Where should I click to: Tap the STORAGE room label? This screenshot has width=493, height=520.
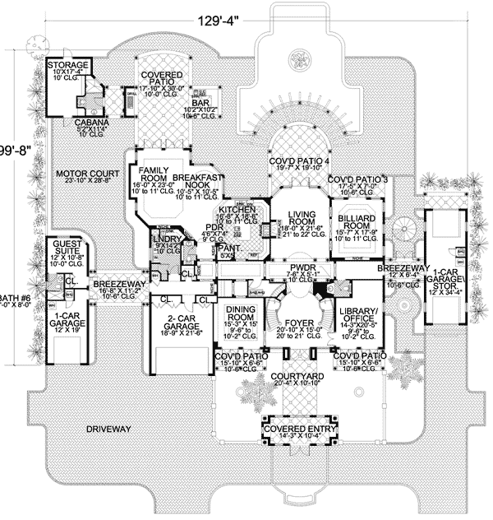(67, 65)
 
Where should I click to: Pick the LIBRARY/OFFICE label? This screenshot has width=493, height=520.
(357, 315)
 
